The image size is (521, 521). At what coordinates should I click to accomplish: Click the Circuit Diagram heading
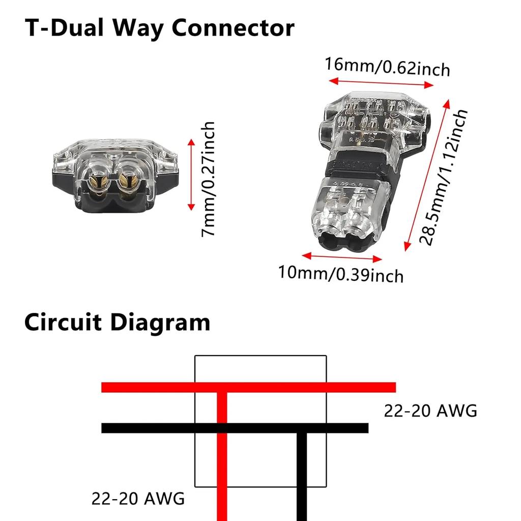coord(117,322)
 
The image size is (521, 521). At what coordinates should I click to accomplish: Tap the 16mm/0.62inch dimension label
coord(388,66)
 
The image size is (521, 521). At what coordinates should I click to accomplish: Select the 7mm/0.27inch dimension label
coord(208,178)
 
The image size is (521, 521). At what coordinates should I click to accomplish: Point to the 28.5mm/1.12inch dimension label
coord(443,178)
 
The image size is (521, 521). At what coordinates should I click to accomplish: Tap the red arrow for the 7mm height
coord(191,175)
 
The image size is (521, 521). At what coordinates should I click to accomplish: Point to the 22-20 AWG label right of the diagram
coord(430,411)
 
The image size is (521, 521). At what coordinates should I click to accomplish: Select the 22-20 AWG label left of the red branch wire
coord(138,499)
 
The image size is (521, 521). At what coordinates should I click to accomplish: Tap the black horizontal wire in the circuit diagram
coord(153,428)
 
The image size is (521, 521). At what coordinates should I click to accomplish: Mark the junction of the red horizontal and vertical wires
coord(222,388)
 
